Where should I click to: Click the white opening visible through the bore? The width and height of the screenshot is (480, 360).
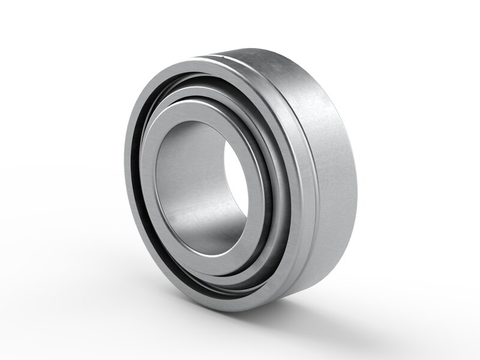[x=235, y=180]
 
